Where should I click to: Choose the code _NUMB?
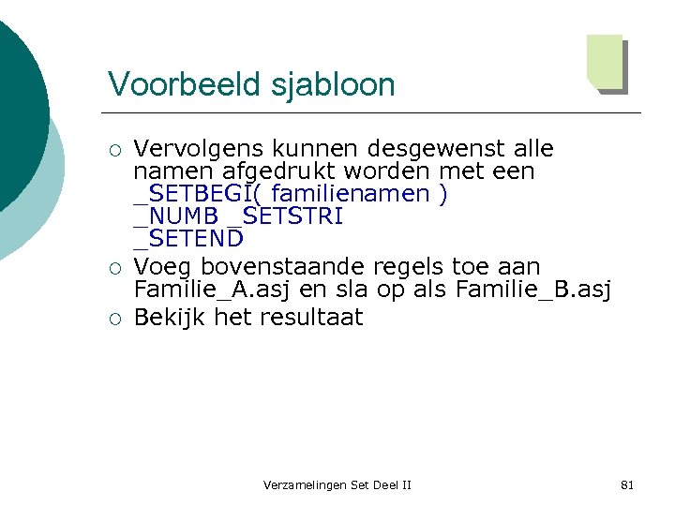pyautogui.click(x=175, y=216)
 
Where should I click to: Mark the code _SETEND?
pyautogui.click(x=188, y=239)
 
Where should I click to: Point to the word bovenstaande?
pyautogui.click(x=278, y=268)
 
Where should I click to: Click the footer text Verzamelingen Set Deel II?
pyautogui.click(x=337, y=484)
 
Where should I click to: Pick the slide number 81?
pyautogui.click(x=627, y=484)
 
